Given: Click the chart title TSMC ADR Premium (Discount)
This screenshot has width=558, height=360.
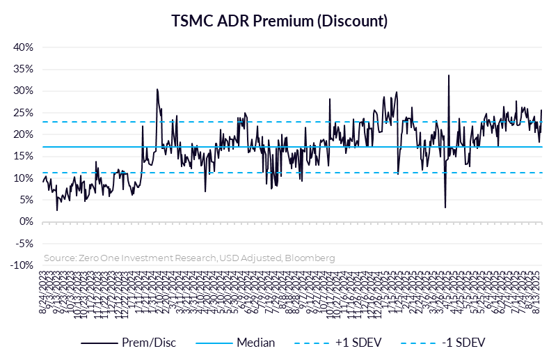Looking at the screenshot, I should click(279, 21).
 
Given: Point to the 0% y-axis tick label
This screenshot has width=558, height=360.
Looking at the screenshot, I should click(27, 221).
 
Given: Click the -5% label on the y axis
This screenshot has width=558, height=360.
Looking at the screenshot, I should click(24, 244).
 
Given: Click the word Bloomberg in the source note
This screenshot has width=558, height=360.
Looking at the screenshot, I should click(311, 258).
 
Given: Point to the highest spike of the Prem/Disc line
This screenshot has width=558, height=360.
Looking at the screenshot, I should click(449, 75).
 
